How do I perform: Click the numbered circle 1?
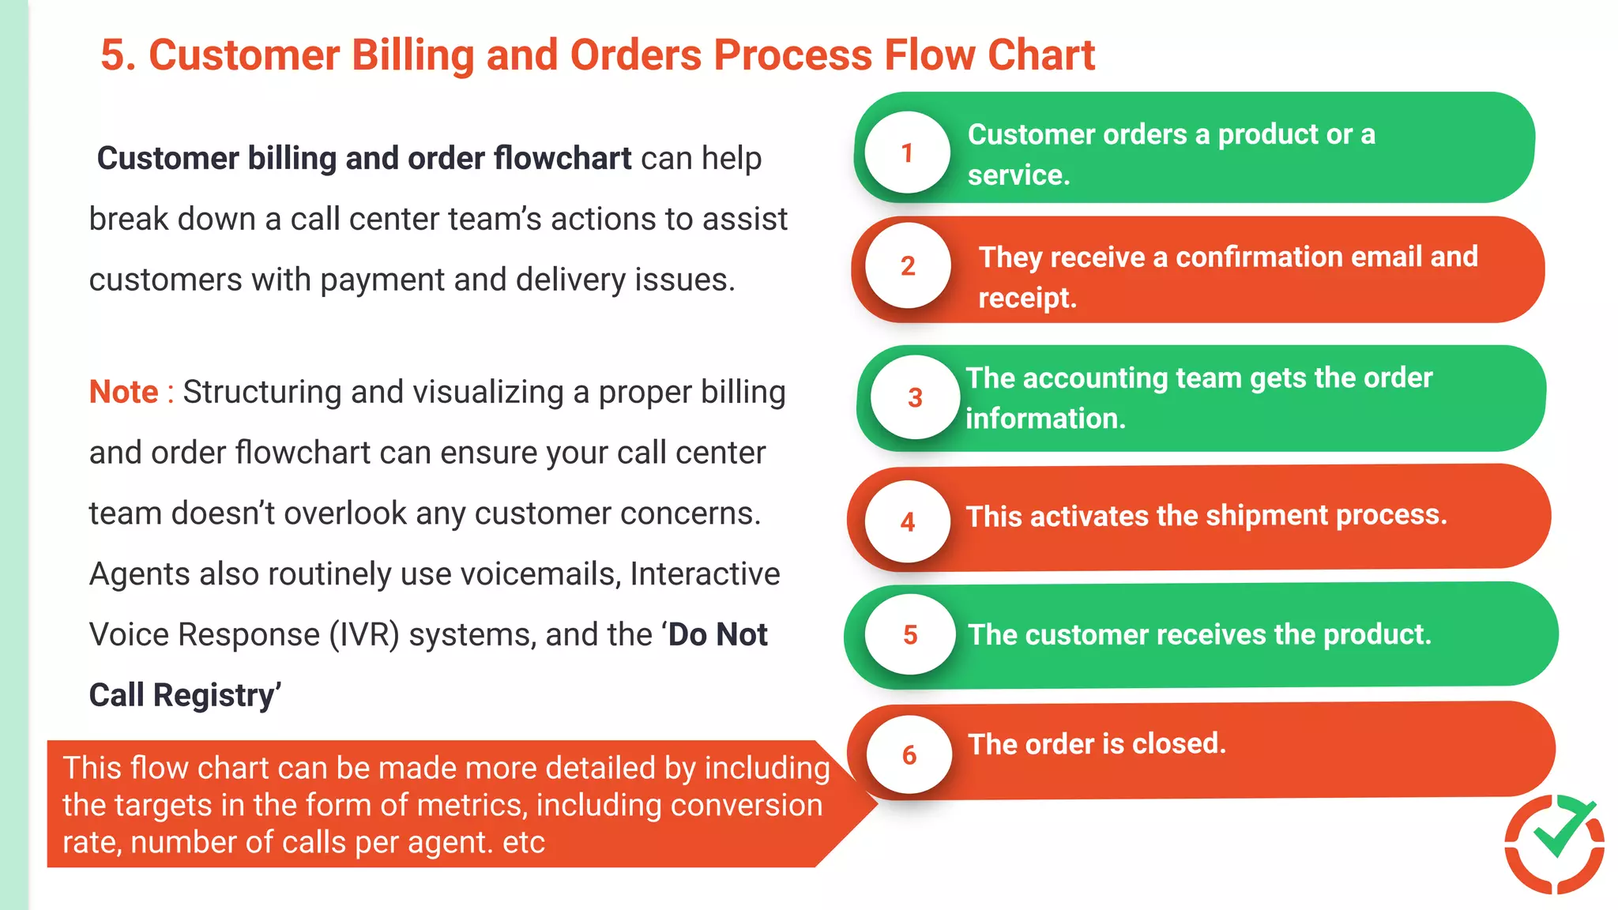[907, 152]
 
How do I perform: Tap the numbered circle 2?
[908, 266]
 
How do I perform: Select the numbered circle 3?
[915, 397]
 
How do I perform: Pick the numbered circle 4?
[908, 521]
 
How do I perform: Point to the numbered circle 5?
[910, 634]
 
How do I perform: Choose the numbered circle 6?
[909, 754]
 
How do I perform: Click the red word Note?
[124, 392]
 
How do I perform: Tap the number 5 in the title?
[113, 55]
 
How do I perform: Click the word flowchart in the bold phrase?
[562, 158]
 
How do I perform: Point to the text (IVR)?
[364, 634]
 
